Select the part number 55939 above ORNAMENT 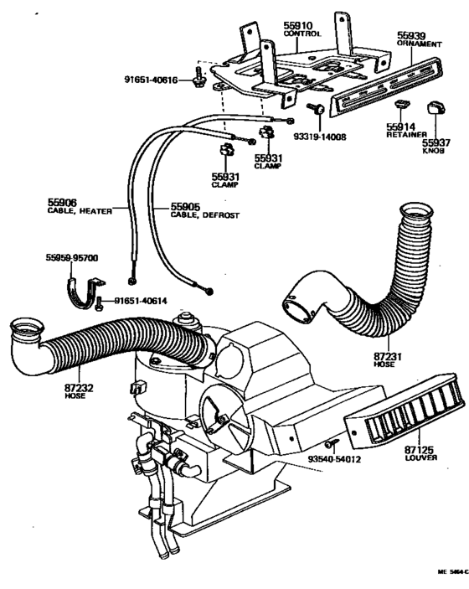[x=413, y=34]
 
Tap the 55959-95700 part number [x=72, y=258]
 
